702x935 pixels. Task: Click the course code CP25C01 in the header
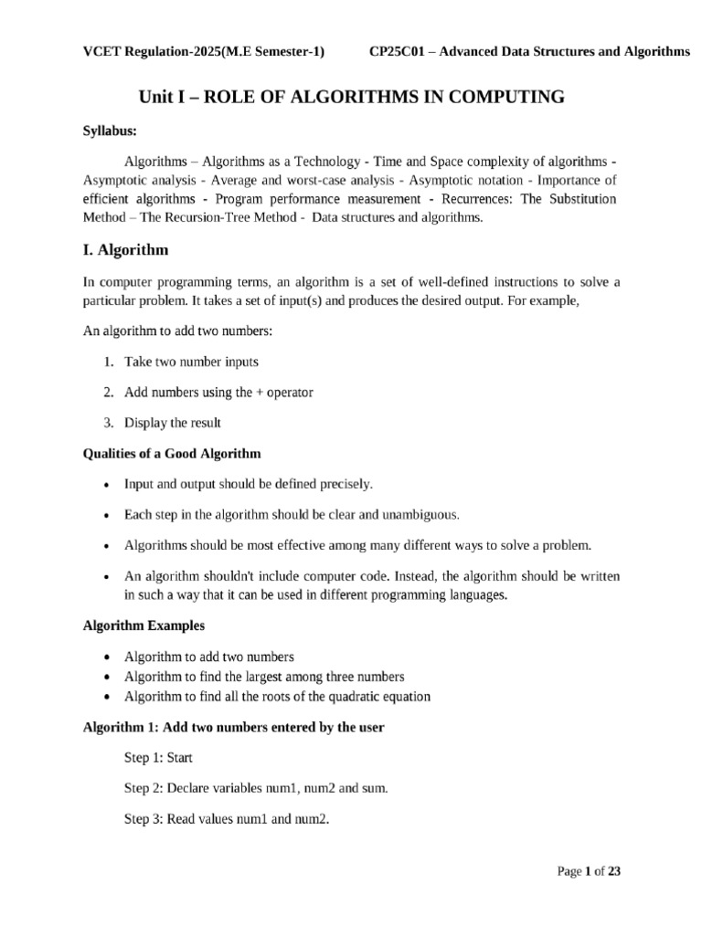pos(399,51)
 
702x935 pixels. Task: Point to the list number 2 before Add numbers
pos(107,392)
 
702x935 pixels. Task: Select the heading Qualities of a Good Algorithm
pos(172,453)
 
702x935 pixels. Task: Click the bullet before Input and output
pos(108,485)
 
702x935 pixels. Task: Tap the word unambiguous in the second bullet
pos(420,514)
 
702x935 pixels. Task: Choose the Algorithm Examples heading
pos(144,625)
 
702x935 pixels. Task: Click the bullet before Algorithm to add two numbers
pos(108,657)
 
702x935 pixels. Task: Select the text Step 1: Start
pos(158,758)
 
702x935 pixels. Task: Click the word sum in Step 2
pos(374,788)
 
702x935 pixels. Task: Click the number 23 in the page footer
pos(614,872)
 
